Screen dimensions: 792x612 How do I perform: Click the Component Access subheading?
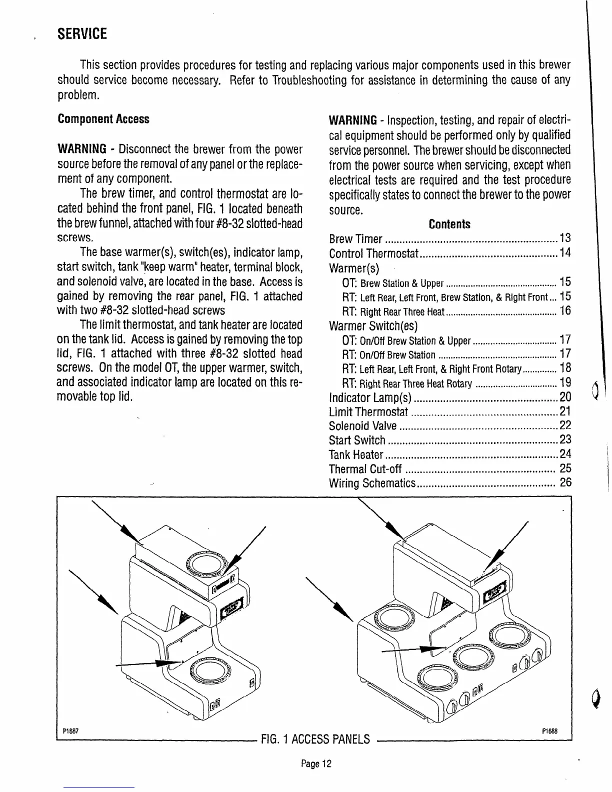click(x=103, y=119)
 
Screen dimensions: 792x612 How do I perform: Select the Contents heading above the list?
click(x=449, y=224)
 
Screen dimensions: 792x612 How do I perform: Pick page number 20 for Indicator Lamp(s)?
click(x=565, y=397)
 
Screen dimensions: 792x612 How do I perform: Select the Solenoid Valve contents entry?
click(x=362, y=426)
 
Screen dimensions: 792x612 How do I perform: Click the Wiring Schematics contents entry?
click(x=372, y=483)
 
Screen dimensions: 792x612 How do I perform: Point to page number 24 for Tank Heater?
click(x=565, y=454)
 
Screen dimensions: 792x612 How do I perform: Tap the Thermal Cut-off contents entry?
click(x=365, y=469)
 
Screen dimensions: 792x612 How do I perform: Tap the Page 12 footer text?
click(x=316, y=764)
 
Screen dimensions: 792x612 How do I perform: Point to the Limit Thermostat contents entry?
click(x=368, y=411)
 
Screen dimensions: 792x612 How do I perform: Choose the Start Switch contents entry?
click(x=357, y=440)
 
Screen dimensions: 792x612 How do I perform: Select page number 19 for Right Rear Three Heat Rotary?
click(x=565, y=383)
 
